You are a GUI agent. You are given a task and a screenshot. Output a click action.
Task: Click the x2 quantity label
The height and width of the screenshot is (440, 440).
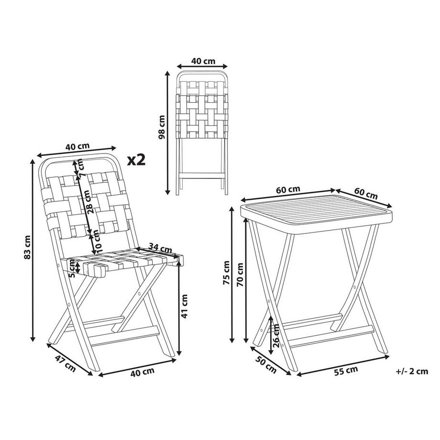click(136, 159)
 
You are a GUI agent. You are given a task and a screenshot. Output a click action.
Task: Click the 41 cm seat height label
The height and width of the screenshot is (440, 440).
click(185, 306)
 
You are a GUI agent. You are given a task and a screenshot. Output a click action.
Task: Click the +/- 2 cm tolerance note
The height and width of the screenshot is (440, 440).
click(412, 371)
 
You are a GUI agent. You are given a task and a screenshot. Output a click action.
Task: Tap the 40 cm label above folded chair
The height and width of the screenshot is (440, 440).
click(202, 61)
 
